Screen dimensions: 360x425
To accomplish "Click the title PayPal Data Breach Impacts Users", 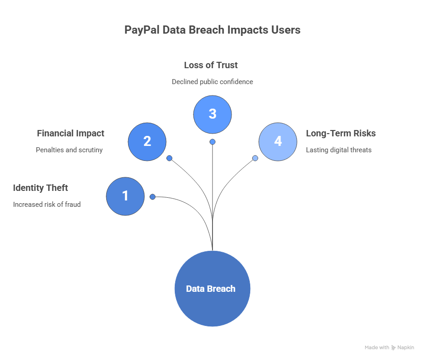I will coord(212,30).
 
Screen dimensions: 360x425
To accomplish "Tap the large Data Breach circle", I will coord(212,289).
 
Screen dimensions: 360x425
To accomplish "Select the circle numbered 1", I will coord(125,196).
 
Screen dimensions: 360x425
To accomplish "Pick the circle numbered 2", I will coord(147,141).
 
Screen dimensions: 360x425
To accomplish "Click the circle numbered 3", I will coord(212,114).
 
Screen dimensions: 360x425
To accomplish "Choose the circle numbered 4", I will coord(278,141).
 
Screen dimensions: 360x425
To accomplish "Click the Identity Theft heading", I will coord(40,188).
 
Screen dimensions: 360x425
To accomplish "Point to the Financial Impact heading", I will coord(70,134).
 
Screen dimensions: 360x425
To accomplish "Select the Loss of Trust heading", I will coord(211,65).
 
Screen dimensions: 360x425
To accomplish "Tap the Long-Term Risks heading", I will coord(341,134).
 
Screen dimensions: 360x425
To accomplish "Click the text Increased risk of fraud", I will coord(47,205).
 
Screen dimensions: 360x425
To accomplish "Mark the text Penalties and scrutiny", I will coord(69,150).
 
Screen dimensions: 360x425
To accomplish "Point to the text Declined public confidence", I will coord(212,82).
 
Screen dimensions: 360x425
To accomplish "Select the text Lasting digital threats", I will coord(338,150).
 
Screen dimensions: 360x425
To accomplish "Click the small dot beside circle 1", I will coord(153,197).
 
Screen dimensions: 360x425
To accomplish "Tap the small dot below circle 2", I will coord(169,158).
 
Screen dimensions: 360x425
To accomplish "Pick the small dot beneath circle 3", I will coord(212,142).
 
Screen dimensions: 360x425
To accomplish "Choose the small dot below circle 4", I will coord(255,158).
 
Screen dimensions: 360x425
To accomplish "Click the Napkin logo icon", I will coord(394,348).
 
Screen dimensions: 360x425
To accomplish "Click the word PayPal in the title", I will coord(140,30).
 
